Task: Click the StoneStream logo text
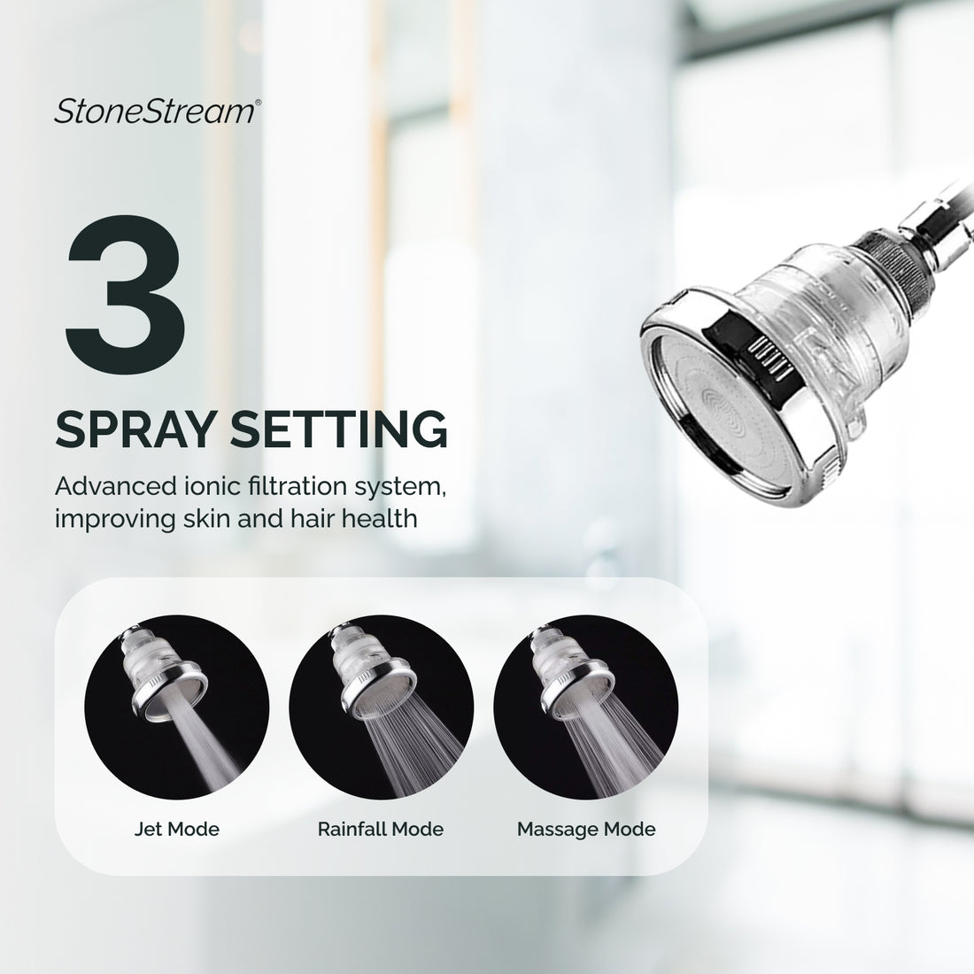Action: [155, 112]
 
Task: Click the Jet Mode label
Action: [177, 830]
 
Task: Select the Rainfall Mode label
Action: [381, 830]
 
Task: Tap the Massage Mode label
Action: [586, 830]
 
